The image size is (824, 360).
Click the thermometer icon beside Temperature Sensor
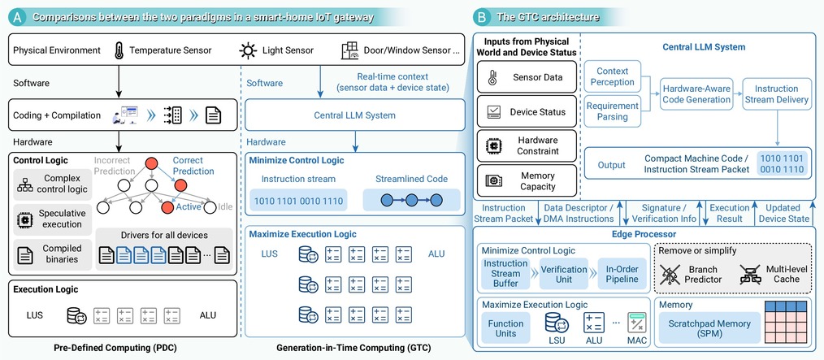point(119,50)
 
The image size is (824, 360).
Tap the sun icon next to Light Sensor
point(248,50)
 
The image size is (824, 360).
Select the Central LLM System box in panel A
point(355,115)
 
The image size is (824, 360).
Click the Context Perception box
point(612,76)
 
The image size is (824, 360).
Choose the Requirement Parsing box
point(612,111)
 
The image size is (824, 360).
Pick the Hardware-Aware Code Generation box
point(696,94)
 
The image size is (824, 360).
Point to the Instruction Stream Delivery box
point(776,94)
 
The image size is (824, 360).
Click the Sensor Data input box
point(527,78)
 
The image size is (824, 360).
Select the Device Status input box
point(527,112)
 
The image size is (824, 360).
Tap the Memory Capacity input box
point(527,180)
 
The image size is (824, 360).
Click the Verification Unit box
point(564,274)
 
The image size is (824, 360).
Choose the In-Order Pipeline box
point(622,274)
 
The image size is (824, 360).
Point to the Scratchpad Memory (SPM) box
point(709,328)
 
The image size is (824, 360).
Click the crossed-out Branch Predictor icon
point(670,275)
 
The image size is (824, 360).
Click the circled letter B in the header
point(481,17)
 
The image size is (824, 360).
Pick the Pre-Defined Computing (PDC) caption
point(115,349)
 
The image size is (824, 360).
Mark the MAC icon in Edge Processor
point(637,323)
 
